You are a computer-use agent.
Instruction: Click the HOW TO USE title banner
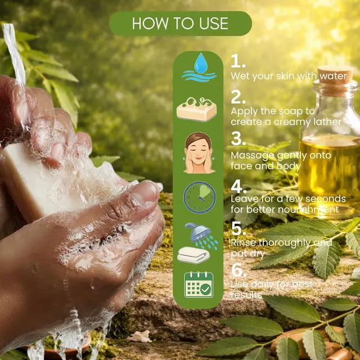point(181,23)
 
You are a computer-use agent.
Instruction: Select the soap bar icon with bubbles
point(196,109)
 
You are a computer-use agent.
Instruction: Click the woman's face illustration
point(199,152)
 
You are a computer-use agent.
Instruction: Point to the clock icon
point(200,197)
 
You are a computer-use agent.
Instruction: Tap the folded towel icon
point(193,255)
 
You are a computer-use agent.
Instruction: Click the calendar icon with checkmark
point(199,285)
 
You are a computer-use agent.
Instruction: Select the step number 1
point(238,61)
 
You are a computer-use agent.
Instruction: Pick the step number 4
point(238,186)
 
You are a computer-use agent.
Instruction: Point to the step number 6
point(239,270)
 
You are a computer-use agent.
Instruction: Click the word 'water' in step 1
point(333,76)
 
